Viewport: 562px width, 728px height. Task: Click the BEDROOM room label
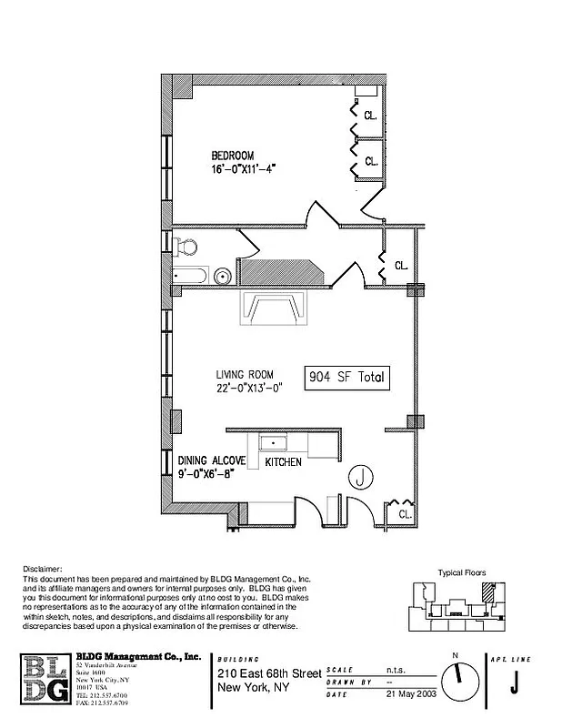[232, 155]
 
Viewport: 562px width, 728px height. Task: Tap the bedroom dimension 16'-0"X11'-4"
[243, 169]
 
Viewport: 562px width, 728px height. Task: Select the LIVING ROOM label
[247, 374]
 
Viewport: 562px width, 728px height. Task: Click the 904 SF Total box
[347, 377]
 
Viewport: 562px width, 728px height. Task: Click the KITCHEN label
[283, 463]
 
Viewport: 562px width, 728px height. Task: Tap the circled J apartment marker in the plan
[361, 476]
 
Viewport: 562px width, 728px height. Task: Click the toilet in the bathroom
[187, 247]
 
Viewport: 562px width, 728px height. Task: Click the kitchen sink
[273, 441]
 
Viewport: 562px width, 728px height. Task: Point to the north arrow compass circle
[459, 678]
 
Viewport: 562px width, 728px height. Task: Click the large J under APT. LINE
[514, 681]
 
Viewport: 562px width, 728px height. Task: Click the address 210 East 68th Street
[269, 673]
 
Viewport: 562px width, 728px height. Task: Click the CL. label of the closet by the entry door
[402, 514]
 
